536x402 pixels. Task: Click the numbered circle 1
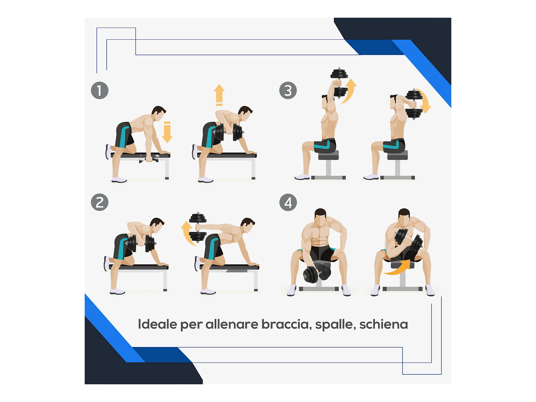pyautogui.click(x=100, y=91)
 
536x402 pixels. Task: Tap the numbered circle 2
pyautogui.click(x=100, y=202)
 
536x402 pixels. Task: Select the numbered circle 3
pyautogui.click(x=288, y=91)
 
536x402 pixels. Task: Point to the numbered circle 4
pyautogui.click(x=288, y=202)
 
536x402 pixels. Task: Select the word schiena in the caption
pyautogui.click(x=384, y=324)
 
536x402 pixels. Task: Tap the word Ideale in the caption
pyautogui.click(x=158, y=324)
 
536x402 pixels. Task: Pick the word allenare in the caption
pyautogui.click(x=232, y=324)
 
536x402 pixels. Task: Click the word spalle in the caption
pyautogui.click(x=336, y=325)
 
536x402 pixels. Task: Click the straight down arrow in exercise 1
pyautogui.click(x=167, y=132)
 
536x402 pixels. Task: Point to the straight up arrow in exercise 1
pyautogui.click(x=219, y=95)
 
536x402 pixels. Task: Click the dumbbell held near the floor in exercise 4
pyautogui.click(x=317, y=273)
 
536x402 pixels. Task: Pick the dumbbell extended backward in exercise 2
pyautogui.click(x=198, y=227)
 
